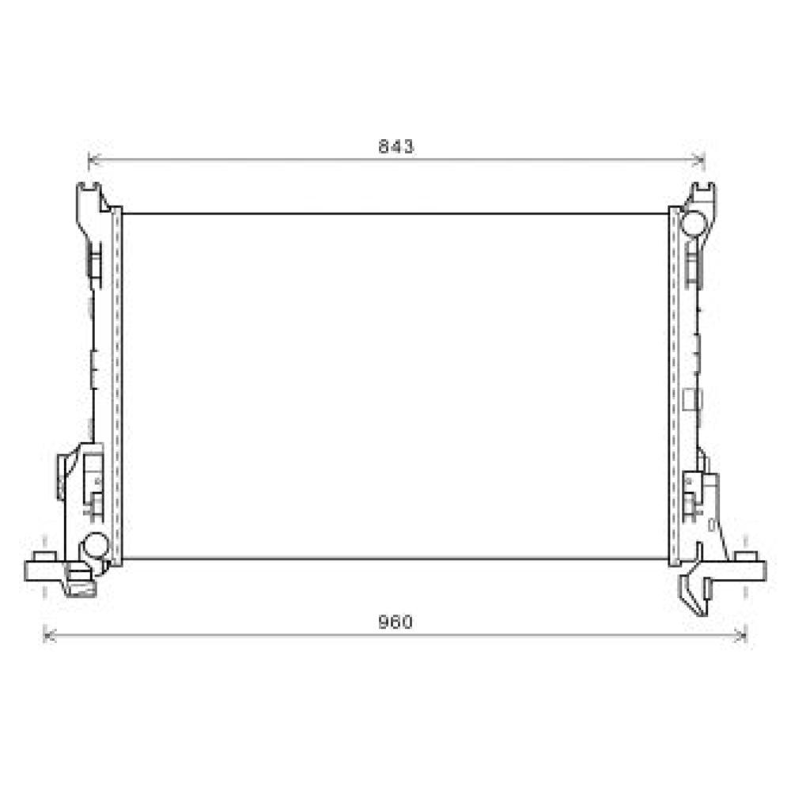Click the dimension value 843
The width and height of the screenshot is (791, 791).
point(395,146)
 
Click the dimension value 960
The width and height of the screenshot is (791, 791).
point(395,623)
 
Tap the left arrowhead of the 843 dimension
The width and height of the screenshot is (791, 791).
point(92,161)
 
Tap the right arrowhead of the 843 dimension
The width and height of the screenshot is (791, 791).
point(700,161)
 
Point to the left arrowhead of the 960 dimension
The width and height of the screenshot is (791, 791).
point(47,634)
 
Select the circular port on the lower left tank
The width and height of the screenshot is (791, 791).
point(96,545)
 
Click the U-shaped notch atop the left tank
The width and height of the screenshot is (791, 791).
point(90,189)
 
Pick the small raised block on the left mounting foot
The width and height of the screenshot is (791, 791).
point(45,557)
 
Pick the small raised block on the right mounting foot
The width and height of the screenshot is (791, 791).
point(744,557)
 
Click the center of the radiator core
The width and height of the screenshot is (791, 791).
point(395,386)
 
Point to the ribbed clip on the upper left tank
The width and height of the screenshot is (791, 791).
point(93,261)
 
